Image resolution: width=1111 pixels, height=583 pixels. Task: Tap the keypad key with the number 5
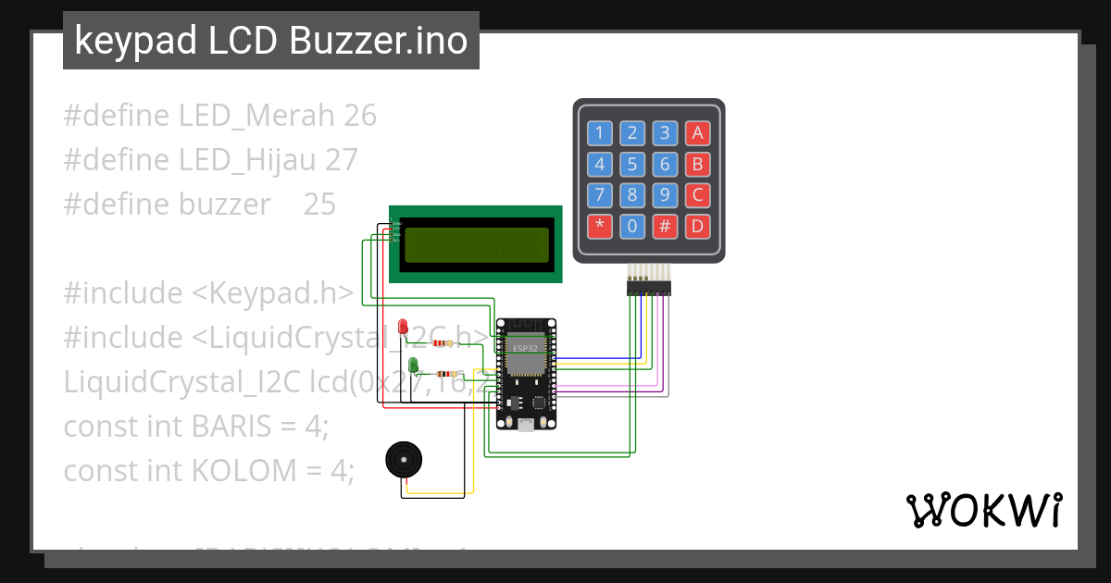[631, 165]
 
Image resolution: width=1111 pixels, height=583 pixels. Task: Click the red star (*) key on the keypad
[599, 226]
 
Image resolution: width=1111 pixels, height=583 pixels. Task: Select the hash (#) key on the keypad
[665, 226]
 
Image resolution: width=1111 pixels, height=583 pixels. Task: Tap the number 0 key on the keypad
[631, 226]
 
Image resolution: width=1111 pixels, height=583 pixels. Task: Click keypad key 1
[599, 133]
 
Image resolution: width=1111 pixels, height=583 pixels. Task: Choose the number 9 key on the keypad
[665, 195]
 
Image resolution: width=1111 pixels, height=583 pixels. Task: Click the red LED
[403, 327]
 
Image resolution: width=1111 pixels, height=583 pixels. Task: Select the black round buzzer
[403, 458]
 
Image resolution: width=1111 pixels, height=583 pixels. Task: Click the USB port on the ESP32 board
[526, 425]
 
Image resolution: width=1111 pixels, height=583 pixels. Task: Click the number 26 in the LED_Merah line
[359, 116]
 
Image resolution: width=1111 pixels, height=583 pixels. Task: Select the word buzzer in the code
[225, 204]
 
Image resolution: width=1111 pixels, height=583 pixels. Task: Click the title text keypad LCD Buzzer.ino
[270, 41]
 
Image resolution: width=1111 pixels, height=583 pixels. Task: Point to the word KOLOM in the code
[243, 470]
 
